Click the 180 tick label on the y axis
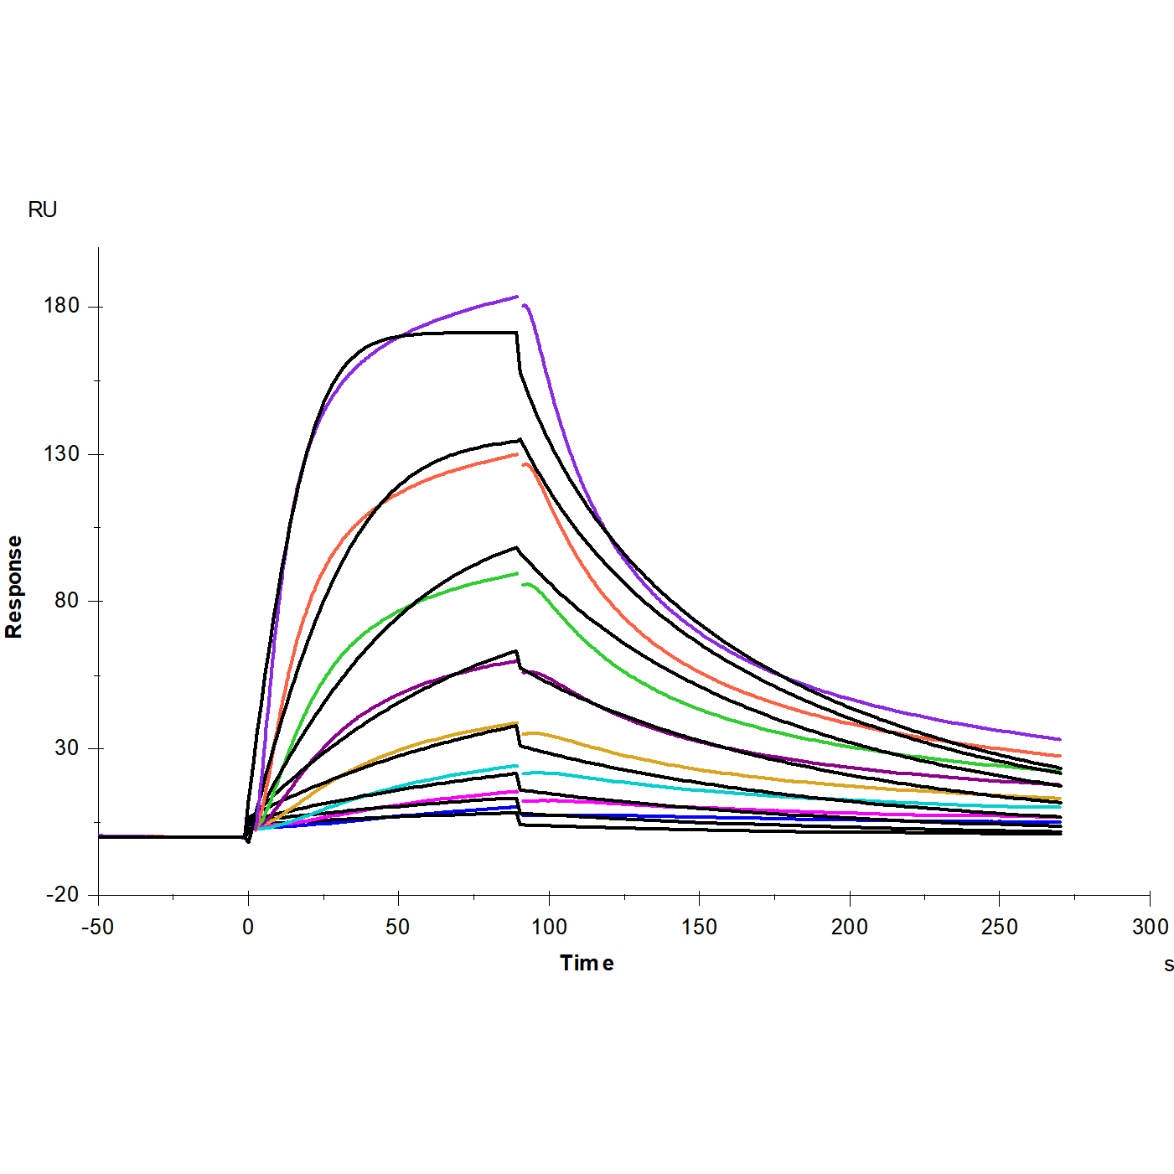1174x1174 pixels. [61, 306]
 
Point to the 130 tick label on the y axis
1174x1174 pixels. [61, 453]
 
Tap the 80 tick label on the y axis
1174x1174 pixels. [66, 601]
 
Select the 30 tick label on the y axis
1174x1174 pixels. [66, 747]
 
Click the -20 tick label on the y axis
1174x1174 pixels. [62, 895]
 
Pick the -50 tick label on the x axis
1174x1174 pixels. [97, 927]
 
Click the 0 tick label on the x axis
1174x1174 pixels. [248, 927]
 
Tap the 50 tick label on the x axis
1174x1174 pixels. [398, 927]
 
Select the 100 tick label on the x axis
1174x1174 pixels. [549, 927]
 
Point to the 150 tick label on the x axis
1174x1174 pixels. [699, 927]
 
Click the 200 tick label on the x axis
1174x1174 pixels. [850, 927]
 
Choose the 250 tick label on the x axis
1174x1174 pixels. [999, 927]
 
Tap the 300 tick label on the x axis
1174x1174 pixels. [1150, 927]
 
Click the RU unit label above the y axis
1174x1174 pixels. [42, 209]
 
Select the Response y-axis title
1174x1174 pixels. [14, 587]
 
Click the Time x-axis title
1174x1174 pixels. [587, 964]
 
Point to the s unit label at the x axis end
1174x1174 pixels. [1168, 965]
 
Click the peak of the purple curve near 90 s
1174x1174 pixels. [516, 297]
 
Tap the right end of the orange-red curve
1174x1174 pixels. [1060, 756]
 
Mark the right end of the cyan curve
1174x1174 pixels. [1060, 808]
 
